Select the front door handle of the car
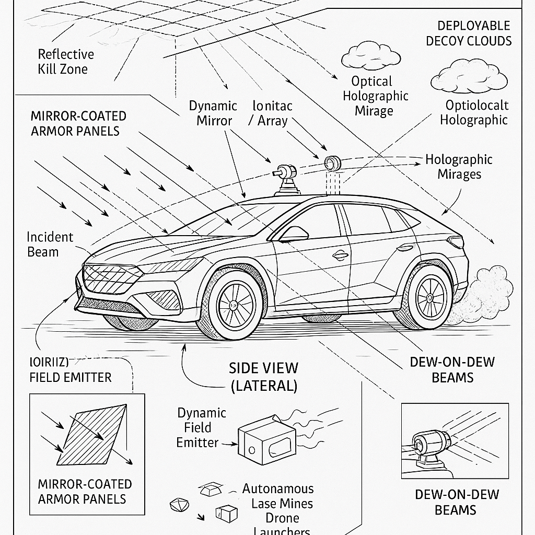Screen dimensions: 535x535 point(340,255)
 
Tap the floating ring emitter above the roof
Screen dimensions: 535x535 point(332,162)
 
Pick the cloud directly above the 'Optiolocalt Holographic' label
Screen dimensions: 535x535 point(469,78)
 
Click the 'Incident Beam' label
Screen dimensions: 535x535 point(50,245)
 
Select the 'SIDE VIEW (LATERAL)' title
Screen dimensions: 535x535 point(263,376)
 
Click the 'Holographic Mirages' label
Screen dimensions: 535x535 point(458,167)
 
